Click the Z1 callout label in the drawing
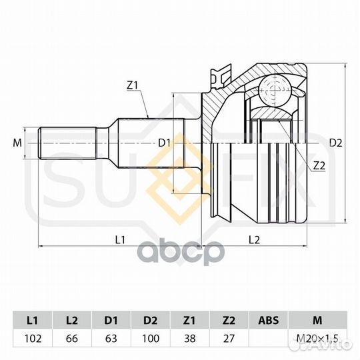tap(132, 85)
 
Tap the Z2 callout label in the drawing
tap(319, 166)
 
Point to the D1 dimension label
tap(164, 143)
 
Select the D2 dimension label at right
tap(335, 143)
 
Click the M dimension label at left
tap(17, 143)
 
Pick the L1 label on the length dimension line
tap(120, 240)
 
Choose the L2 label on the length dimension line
tap(255, 240)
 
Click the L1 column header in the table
tap(33, 320)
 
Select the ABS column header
tap(269, 320)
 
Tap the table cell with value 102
tap(33, 339)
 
